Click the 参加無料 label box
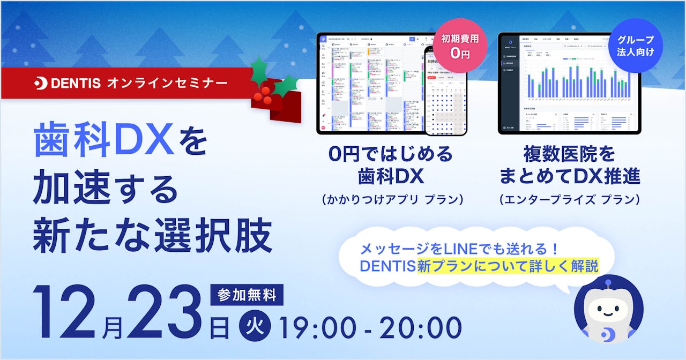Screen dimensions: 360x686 click(247, 295)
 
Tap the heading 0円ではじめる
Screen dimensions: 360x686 click(391, 155)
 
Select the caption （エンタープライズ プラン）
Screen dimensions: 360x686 click(569, 199)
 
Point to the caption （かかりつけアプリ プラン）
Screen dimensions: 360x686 click(392, 199)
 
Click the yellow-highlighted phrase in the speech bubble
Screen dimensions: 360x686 click(508, 266)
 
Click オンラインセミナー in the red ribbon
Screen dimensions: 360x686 click(167, 84)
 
